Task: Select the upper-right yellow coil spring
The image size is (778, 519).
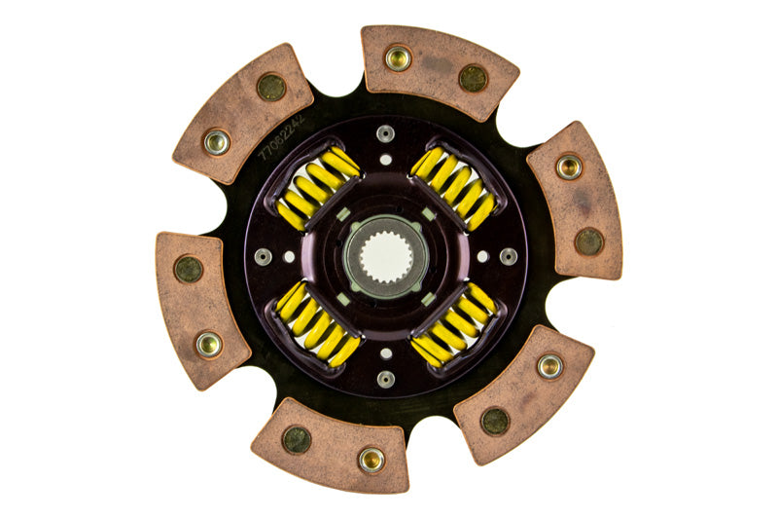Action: coord(453,188)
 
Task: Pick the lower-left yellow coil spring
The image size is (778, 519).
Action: coord(318,324)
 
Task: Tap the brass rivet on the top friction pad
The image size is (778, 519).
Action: coord(398,57)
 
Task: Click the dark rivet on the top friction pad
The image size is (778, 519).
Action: coord(473,78)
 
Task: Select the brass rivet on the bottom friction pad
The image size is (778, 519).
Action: coord(371,460)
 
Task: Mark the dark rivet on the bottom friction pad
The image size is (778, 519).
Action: coord(297,439)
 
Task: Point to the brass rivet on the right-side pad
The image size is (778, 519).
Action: coord(569,167)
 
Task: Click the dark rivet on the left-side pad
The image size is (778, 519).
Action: coord(188,270)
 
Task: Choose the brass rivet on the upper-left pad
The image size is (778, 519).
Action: coord(216,142)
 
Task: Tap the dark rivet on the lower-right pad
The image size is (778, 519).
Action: coord(495,421)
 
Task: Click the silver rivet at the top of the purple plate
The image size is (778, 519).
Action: coord(386,133)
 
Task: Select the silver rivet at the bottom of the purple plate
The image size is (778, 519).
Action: coord(386,380)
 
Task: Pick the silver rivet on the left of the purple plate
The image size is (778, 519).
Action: coord(263,257)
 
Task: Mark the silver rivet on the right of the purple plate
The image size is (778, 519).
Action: coord(509,257)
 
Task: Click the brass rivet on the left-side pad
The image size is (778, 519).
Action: coord(208,344)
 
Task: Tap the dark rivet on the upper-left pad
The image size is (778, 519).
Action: coord(271,87)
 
